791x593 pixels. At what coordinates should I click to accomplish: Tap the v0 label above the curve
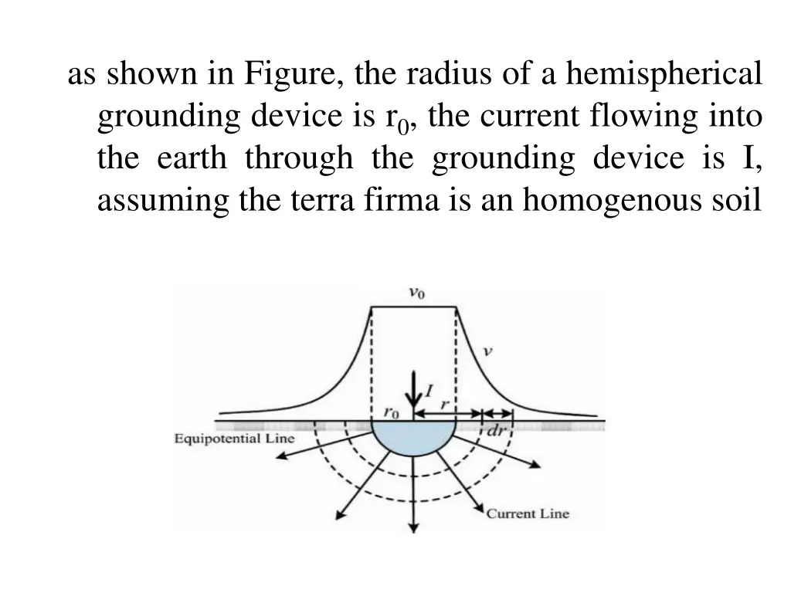[416, 293]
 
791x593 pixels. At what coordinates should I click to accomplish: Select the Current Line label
[527, 513]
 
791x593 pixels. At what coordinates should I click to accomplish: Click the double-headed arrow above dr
[496, 415]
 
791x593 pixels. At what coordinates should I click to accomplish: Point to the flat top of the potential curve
[415, 307]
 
